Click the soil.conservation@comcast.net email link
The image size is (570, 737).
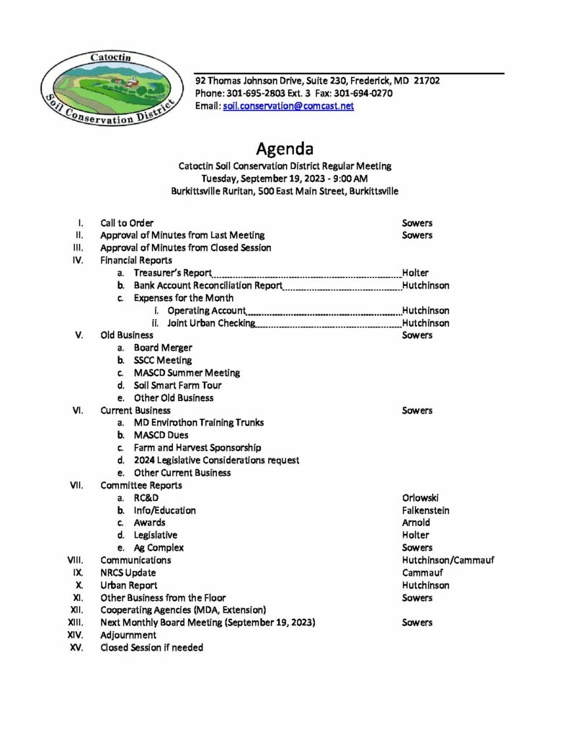point(288,106)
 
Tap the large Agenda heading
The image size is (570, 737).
point(285,149)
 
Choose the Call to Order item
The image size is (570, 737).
point(127,223)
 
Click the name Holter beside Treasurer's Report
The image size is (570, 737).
point(416,273)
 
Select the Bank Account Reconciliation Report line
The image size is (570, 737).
point(208,286)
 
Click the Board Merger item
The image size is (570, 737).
point(163,348)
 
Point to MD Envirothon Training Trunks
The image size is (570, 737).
point(199,422)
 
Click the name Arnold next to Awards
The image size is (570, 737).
point(417,523)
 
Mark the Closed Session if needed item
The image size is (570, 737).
point(151,648)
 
